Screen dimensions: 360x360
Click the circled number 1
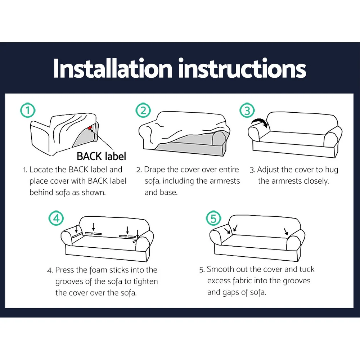tap(28, 111)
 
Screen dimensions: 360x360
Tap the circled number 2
tap(143, 111)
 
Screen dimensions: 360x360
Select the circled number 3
tap(247, 111)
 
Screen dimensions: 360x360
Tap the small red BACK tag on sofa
tap(90, 128)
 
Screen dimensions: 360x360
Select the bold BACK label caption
tap(102, 156)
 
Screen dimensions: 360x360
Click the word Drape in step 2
tap(154, 170)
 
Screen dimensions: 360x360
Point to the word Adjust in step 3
tap(268, 170)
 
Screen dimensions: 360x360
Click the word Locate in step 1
tap(41, 170)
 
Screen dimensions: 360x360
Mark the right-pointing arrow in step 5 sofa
tap(286, 231)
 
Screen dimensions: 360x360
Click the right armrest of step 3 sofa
tap(333, 137)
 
